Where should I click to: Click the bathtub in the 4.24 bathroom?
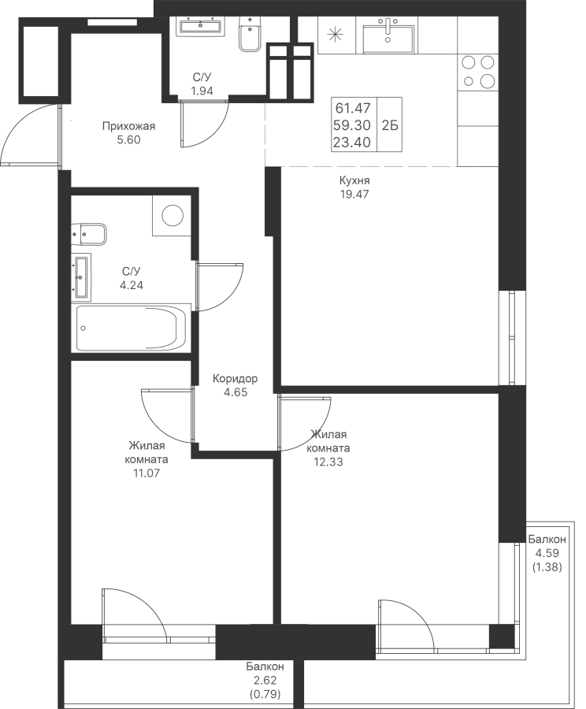tap(131, 328)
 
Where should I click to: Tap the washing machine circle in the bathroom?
tap(172, 215)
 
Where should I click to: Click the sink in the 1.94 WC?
tap(200, 26)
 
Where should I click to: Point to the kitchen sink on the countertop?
tap(388, 35)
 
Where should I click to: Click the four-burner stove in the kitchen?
tap(478, 72)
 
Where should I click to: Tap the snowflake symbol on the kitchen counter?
tap(335, 35)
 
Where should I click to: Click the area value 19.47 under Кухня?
tap(354, 195)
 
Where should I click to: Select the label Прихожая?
tap(128, 126)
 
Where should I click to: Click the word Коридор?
tap(236, 378)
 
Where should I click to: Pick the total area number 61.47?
tap(353, 108)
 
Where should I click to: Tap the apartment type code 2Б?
tap(390, 125)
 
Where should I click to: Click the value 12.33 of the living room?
tap(328, 462)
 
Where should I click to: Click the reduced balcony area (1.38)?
tap(547, 567)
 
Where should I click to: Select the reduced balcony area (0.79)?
tap(265, 693)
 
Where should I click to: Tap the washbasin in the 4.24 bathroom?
tap(81, 277)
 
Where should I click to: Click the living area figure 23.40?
tap(352, 143)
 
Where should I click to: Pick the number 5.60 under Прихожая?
tap(129, 140)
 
